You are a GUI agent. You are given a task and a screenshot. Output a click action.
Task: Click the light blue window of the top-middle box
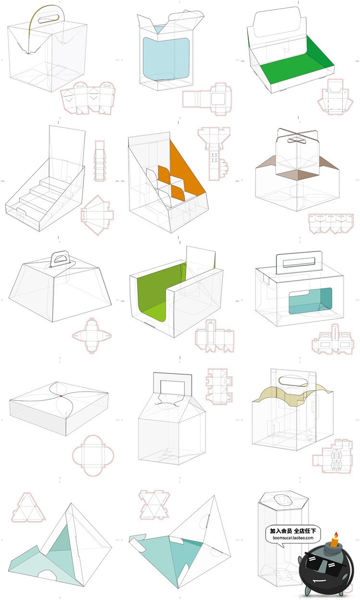pyautogui.click(x=166, y=58)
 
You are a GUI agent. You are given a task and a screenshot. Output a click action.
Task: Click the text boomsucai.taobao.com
pyautogui.click(x=293, y=538)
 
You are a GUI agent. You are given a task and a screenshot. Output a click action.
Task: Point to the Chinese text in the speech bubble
pyautogui.click(x=293, y=530)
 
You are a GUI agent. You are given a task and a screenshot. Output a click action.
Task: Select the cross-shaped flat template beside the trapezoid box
pyautogui.click(x=92, y=336)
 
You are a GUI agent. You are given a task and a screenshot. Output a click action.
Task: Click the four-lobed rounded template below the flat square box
pyautogui.click(x=93, y=455)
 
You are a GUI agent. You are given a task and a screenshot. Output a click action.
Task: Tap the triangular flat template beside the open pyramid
pyautogui.click(x=28, y=507)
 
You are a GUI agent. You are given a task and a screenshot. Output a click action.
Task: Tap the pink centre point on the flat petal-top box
pyautogui.click(x=61, y=396)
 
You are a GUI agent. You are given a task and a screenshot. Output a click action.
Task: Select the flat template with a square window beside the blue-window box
pyautogui.click(x=207, y=99)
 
